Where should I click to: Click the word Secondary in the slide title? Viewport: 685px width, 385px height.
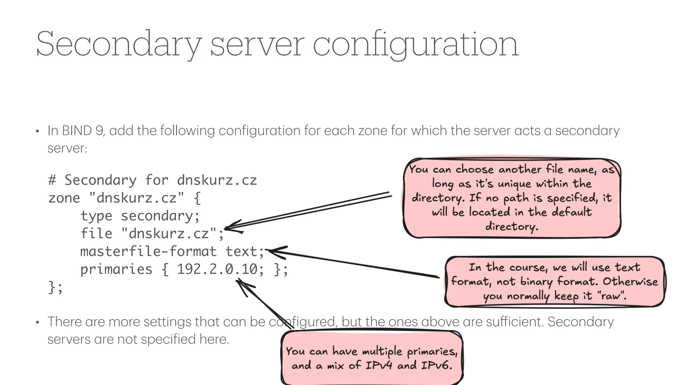(119, 44)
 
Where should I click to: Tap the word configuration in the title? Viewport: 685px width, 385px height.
(415, 44)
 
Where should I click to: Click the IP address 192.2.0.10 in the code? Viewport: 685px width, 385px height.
(217, 269)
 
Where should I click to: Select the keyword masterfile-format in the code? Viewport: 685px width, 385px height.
(149, 251)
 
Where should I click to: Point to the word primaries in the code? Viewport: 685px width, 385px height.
(116, 269)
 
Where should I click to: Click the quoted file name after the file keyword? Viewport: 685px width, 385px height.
(169, 233)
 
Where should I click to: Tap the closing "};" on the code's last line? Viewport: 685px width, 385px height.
(56, 287)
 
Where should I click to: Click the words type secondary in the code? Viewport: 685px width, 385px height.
(140, 216)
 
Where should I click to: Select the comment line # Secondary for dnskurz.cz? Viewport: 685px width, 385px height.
(153, 180)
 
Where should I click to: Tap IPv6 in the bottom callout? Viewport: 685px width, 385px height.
(436, 365)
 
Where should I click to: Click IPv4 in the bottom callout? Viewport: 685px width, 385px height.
(378, 365)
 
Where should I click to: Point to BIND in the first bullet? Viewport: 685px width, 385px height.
(77, 130)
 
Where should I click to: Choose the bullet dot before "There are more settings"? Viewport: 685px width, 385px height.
(37, 323)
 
